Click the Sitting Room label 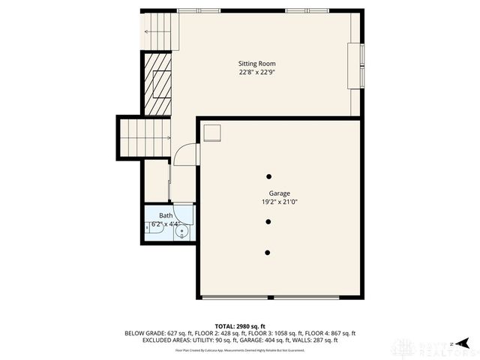click(x=257, y=63)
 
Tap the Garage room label click(x=269, y=193)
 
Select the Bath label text click(x=164, y=215)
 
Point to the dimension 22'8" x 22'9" click(x=257, y=73)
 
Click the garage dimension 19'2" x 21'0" click(x=269, y=202)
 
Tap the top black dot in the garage click(x=268, y=176)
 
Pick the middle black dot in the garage click(x=268, y=221)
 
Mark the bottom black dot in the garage click(x=268, y=252)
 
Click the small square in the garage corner click(x=213, y=132)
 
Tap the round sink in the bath click(x=181, y=232)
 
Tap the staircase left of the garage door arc click(x=145, y=138)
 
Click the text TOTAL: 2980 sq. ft click(x=240, y=326)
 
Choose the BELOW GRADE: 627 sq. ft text click(x=154, y=333)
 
